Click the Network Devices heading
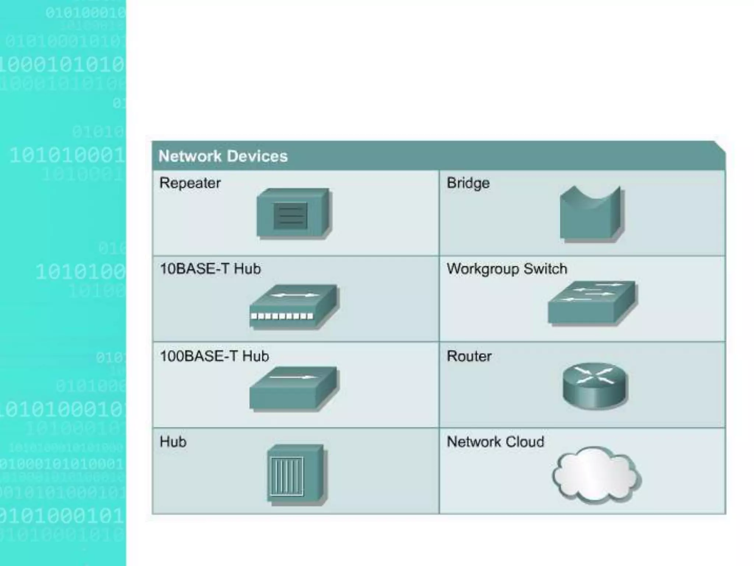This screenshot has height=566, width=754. [x=223, y=156]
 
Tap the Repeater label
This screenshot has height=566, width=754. [x=190, y=183]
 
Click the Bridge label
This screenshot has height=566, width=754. [x=468, y=183]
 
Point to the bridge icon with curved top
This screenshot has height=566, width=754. [x=591, y=216]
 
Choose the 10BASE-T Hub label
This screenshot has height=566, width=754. [x=210, y=269]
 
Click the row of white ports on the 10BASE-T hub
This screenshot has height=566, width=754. [x=282, y=316]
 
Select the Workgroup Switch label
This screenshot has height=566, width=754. [x=507, y=269]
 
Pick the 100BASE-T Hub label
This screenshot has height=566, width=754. [x=214, y=356]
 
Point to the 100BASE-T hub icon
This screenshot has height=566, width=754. [x=294, y=389]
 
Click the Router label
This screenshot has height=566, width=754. [x=469, y=356]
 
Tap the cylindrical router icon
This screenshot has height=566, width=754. [x=594, y=386]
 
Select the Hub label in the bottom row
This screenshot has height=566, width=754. [x=173, y=441]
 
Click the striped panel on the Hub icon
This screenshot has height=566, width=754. [x=287, y=476]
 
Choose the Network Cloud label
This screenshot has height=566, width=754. [x=495, y=441]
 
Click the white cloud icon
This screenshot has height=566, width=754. [x=596, y=475]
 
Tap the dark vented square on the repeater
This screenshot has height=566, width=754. [x=290, y=216]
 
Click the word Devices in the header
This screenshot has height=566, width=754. [x=257, y=156]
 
